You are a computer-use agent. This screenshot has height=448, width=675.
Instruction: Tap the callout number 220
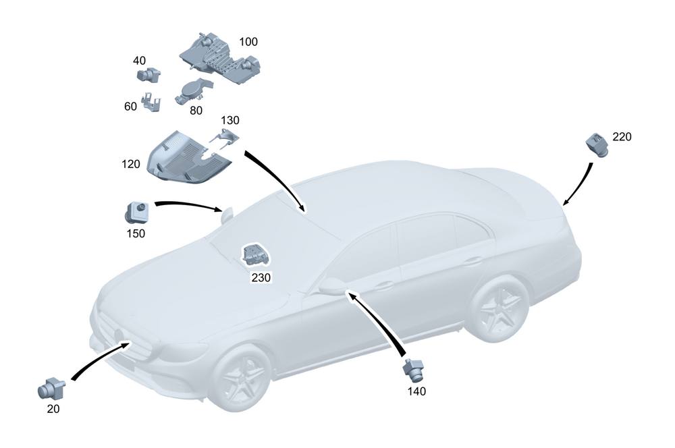click(622, 137)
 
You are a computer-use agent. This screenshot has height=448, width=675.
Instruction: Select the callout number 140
click(416, 391)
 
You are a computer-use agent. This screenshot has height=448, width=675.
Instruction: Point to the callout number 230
click(261, 277)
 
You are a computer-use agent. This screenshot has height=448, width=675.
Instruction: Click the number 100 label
click(248, 42)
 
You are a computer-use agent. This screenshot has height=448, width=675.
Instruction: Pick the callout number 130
click(230, 120)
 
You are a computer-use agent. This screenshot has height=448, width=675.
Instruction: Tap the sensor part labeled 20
click(51, 388)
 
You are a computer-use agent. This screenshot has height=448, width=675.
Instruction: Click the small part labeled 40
click(148, 75)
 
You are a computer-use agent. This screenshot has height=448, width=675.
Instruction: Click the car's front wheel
click(242, 374)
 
